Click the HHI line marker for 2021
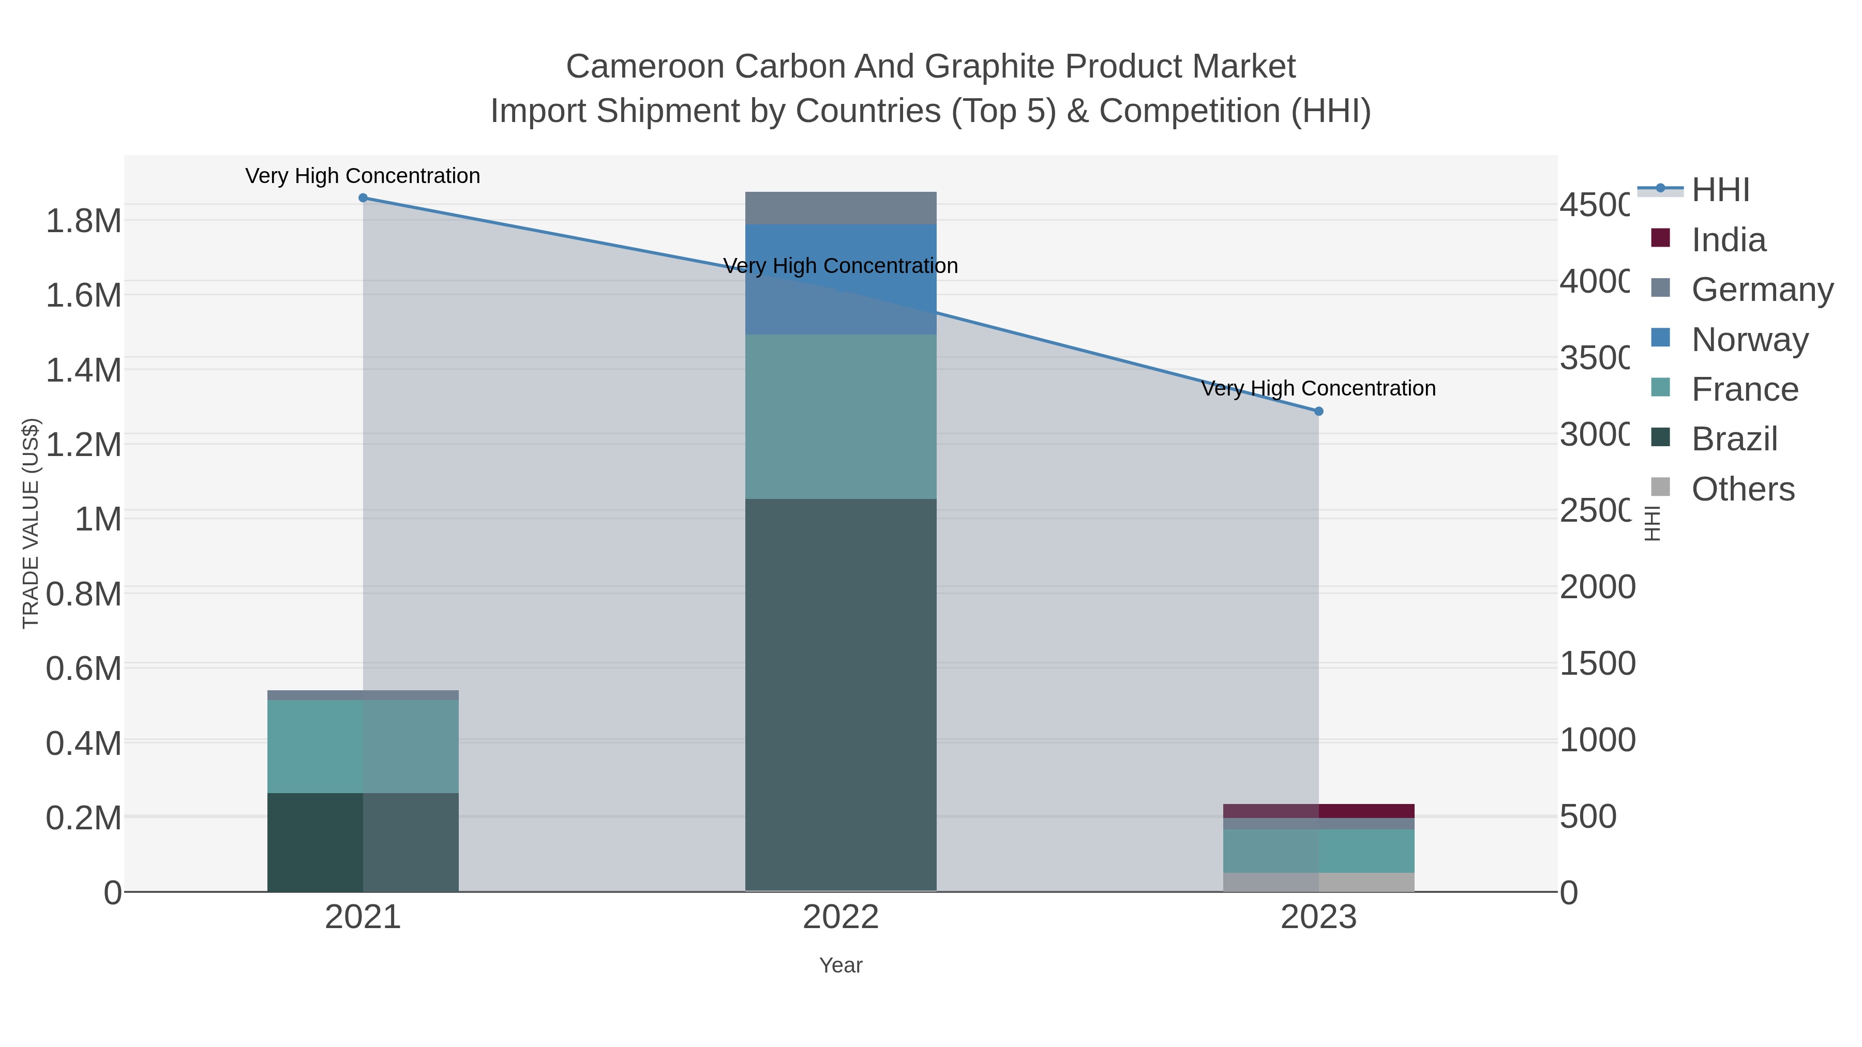pos(363,198)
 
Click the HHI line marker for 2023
pos(1318,411)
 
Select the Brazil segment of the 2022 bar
pos(840,694)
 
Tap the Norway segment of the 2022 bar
pos(840,279)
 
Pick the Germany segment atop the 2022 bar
pos(840,208)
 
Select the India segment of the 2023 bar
pos(1318,811)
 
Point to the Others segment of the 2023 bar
pos(1318,882)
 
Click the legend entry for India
pos(1728,240)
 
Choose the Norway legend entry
pos(1749,340)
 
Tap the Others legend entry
pos(1742,489)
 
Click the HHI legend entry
pos(1720,190)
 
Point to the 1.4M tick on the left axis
pos(83,370)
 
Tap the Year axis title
pos(840,965)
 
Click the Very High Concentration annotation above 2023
pos(1318,389)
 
